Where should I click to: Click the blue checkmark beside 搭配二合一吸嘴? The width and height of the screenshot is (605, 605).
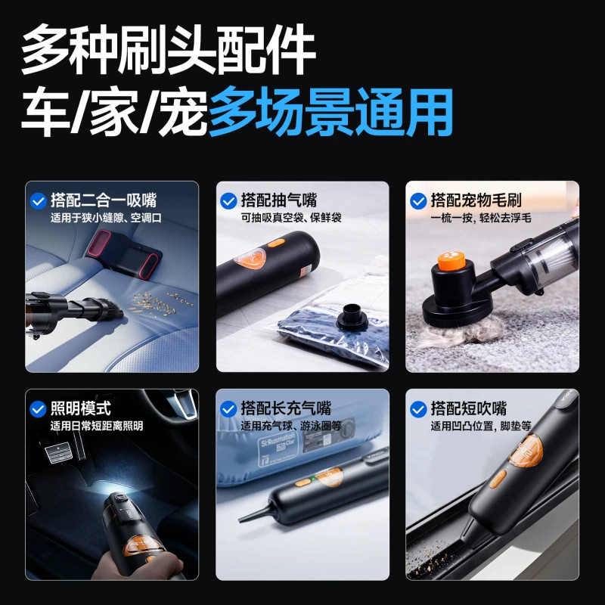[39, 201]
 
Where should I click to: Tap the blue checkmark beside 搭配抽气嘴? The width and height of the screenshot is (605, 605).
[228, 201]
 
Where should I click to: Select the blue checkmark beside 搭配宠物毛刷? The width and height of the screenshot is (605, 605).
[418, 201]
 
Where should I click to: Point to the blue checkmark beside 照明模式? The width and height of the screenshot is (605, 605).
[39, 409]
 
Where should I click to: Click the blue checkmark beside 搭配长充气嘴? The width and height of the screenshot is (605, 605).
[228, 409]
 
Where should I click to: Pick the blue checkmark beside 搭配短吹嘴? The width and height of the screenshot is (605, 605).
[418, 409]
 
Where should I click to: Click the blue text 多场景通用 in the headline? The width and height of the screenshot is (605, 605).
[330, 111]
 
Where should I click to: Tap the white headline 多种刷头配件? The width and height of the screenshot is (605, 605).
[169, 49]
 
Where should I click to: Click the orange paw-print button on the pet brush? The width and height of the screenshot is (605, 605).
[451, 260]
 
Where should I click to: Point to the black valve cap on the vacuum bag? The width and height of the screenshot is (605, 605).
[352, 317]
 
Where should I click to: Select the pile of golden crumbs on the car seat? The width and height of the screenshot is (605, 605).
[162, 303]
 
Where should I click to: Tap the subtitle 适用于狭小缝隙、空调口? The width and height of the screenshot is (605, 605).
[106, 218]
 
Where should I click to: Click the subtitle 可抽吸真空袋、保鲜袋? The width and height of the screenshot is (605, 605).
[291, 218]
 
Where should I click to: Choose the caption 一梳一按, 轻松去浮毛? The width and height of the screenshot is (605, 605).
[481, 218]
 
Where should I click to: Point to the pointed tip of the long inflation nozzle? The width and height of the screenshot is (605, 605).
[240, 521]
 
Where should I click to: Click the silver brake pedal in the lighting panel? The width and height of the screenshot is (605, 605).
[59, 452]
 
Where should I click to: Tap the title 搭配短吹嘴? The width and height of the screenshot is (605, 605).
[468, 408]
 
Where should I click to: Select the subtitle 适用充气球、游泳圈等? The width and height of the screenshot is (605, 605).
[291, 426]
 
